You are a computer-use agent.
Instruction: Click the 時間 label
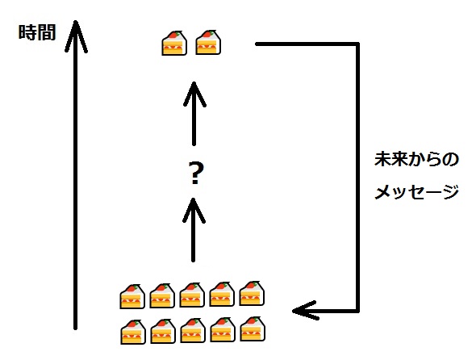(37, 32)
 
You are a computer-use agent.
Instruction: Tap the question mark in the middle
(195, 173)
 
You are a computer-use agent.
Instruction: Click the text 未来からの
(416, 159)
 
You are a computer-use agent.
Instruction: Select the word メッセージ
(416, 191)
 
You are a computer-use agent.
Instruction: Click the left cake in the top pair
(174, 43)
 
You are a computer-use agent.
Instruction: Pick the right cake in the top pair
(208, 42)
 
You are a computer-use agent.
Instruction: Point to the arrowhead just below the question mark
(194, 211)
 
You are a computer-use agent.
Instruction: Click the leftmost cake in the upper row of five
(132, 296)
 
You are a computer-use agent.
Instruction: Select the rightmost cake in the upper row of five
(252, 294)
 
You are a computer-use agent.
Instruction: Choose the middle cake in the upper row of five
(192, 295)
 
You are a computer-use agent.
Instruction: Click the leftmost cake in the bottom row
(133, 332)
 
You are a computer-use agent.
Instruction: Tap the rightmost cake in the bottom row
(253, 329)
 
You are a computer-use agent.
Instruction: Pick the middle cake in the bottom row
(193, 330)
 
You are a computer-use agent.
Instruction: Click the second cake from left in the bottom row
(162, 332)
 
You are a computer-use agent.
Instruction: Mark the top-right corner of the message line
(358, 44)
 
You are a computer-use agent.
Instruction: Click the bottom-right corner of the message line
(358, 311)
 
